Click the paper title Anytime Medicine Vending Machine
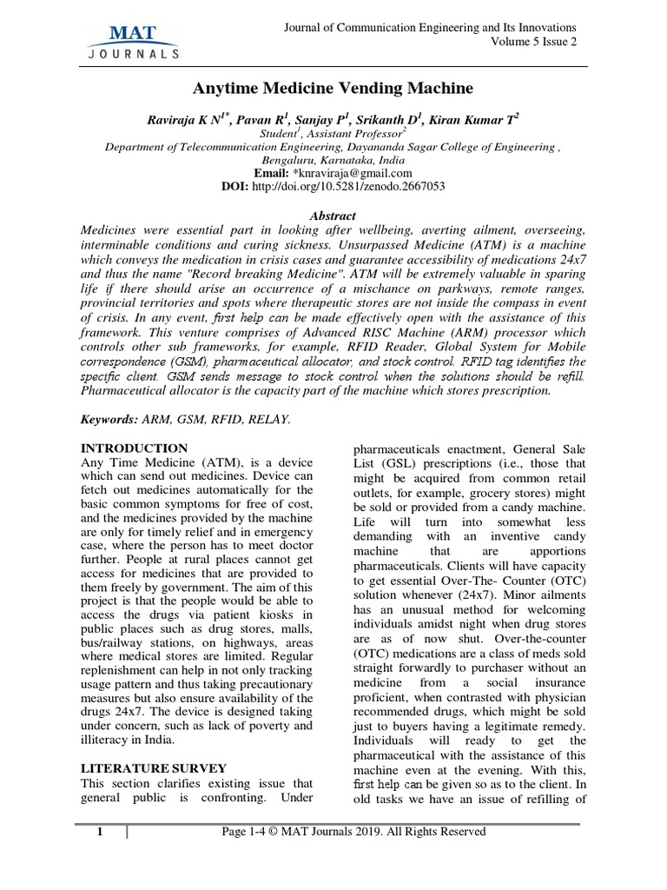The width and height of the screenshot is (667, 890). (x=333, y=88)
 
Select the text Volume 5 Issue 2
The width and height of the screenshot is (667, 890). (x=533, y=43)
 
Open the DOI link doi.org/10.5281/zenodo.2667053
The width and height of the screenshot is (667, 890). (x=347, y=186)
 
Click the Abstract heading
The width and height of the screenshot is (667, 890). (x=333, y=216)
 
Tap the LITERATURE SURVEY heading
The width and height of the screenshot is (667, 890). (x=154, y=768)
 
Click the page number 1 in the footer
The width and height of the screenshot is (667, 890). (x=100, y=832)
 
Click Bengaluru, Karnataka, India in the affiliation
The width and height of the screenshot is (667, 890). (x=333, y=160)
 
